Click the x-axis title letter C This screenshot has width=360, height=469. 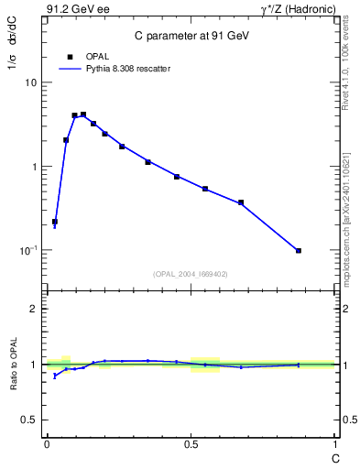[x=336, y=455]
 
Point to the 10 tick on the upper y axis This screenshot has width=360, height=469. [x=31, y=82]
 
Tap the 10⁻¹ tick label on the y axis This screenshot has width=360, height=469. [x=27, y=250]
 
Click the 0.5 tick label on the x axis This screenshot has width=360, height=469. [x=191, y=444]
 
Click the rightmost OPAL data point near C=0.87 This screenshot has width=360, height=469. [x=299, y=250]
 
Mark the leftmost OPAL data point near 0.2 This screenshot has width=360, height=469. [x=55, y=222]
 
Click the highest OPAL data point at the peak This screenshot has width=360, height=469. [x=83, y=115]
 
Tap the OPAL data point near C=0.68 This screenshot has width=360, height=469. [x=241, y=202]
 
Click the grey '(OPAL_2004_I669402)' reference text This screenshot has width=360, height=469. [x=191, y=273]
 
